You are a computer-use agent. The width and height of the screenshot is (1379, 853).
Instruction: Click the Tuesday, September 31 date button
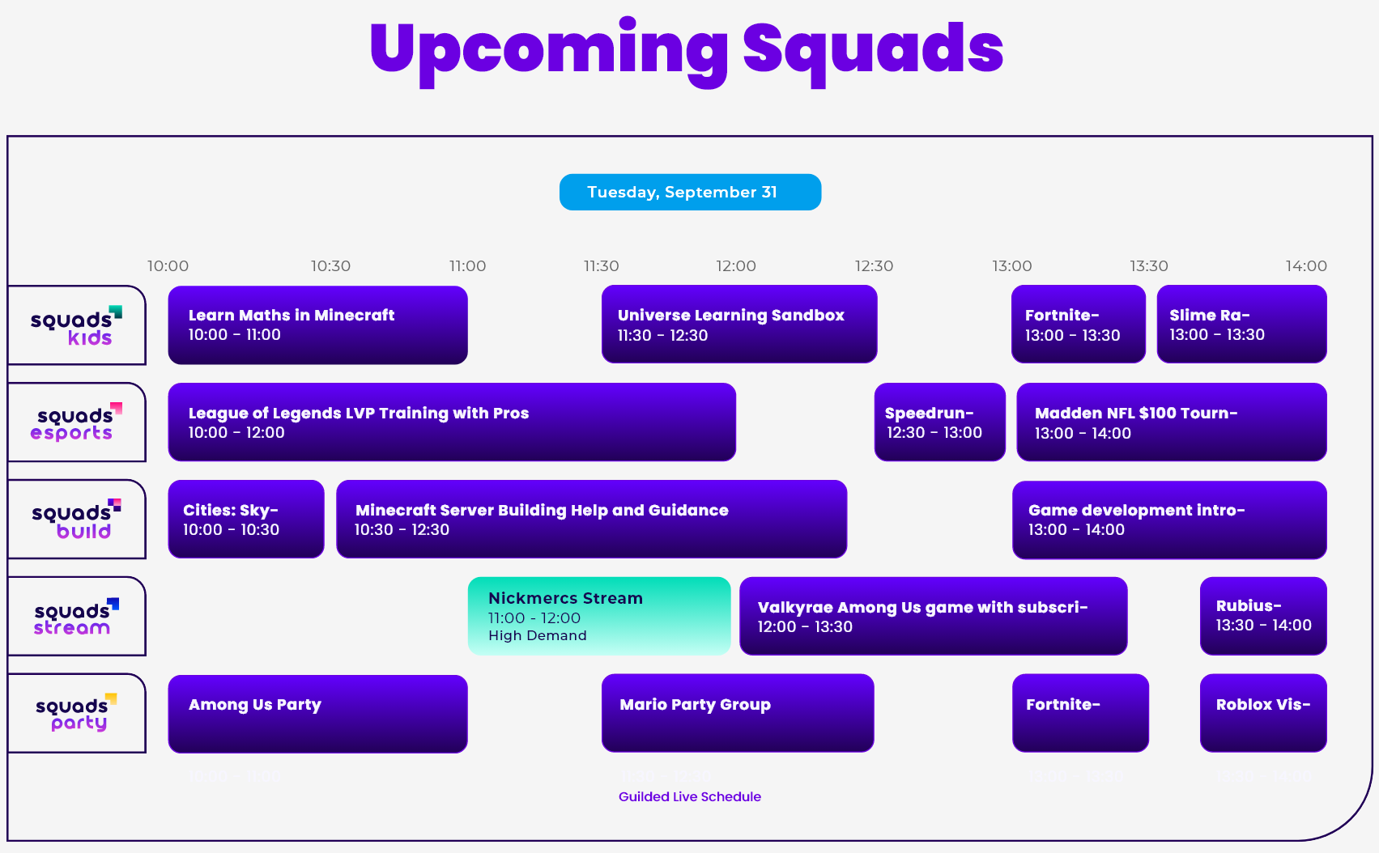pos(690,192)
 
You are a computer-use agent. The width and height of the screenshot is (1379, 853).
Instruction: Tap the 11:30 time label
pos(601,265)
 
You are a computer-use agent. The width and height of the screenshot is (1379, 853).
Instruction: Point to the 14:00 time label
pos(1305,265)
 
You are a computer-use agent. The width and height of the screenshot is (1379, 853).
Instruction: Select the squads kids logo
pos(76,325)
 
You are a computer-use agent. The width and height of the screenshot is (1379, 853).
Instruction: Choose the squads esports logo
pos(76,422)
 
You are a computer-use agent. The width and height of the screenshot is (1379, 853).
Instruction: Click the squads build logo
pos(76,520)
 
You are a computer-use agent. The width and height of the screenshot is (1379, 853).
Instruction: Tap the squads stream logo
pos(76,617)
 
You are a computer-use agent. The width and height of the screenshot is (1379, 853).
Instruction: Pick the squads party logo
pos(76,714)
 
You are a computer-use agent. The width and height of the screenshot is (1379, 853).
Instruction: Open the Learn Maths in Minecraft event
pos(317,325)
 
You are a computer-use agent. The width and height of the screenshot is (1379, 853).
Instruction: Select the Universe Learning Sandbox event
pos(738,325)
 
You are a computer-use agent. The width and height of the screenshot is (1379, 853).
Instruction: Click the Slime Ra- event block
pos(1241,325)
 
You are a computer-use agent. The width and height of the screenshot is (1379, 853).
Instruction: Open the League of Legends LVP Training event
pos(452,422)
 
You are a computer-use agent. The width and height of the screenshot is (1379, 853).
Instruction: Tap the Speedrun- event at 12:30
pos(939,422)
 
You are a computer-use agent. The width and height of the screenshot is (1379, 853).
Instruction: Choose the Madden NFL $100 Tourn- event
pos(1171,422)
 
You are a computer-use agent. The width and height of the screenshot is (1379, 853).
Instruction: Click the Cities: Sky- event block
pos(246,519)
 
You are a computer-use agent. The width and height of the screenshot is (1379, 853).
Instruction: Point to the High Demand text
pos(538,636)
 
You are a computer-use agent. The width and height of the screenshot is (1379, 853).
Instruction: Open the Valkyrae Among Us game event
pos(933,616)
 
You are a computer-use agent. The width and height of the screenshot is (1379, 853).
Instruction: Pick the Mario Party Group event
pos(737,713)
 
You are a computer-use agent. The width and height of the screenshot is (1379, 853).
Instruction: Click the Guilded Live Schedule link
pos(690,796)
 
